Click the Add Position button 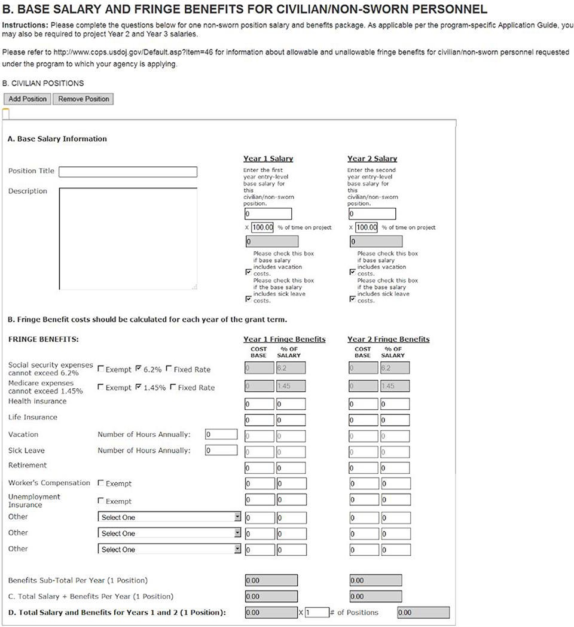28,99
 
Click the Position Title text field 127,172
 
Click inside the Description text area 127,239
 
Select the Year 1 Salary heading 268,159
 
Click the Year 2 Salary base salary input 371,214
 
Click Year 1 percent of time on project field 262,227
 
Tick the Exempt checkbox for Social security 100,369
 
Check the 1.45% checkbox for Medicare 139,387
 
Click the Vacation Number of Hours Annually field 221,434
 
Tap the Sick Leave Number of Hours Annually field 221,451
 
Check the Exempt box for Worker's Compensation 100,483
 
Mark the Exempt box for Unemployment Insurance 100,501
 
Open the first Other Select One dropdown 169,517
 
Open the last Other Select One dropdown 169,549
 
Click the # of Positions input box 317,613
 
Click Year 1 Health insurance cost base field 259,404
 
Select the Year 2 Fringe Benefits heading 388,339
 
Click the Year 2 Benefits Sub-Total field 375,580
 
